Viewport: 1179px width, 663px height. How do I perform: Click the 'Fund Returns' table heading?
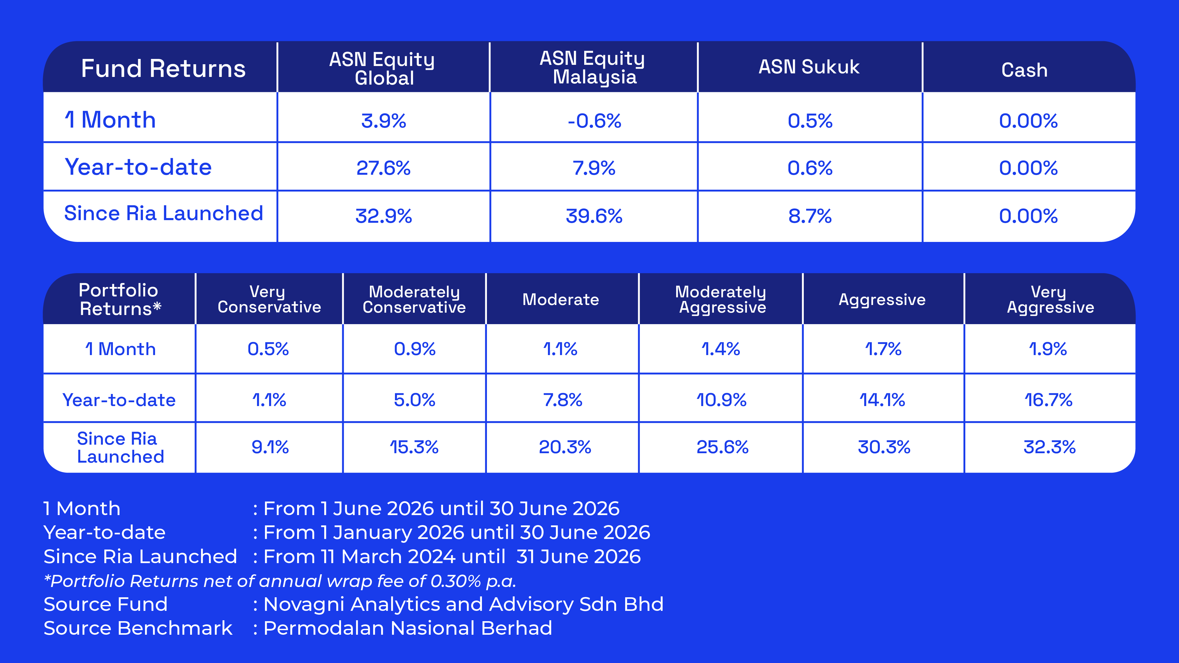(x=163, y=69)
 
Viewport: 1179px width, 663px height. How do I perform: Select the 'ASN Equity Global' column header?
(x=382, y=69)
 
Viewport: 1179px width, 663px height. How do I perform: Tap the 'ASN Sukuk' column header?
(x=809, y=67)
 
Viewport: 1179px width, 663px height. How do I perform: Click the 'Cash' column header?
(x=1024, y=70)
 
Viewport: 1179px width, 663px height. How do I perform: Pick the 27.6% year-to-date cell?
(x=383, y=168)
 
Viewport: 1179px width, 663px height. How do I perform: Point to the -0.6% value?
(x=595, y=121)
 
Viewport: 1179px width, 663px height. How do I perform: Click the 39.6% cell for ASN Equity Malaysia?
(x=594, y=216)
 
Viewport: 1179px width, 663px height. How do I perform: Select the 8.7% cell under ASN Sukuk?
(x=810, y=216)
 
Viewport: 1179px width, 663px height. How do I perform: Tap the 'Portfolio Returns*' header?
(x=120, y=299)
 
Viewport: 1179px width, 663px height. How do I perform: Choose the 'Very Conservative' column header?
(x=269, y=299)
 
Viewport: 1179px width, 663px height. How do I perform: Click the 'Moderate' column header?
(x=561, y=299)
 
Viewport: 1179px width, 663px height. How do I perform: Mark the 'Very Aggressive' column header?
(x=1050, y=299)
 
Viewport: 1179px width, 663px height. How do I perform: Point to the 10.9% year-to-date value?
(x=721, y=400)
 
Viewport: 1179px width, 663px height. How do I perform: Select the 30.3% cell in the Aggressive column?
(x=884, y=447)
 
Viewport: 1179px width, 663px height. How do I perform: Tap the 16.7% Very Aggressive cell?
(x=1048, y=400)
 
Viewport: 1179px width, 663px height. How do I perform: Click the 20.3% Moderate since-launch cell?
(x=565, y=447)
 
